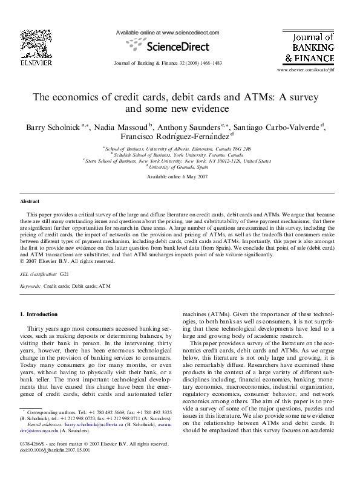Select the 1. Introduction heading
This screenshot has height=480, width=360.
(39, 314)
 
